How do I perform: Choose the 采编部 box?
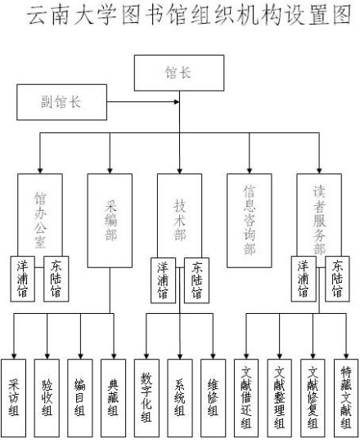point(109,220)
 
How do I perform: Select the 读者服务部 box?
point(318,213)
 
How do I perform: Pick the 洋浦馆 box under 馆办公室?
point(23,279)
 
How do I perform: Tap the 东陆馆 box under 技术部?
point(196,280)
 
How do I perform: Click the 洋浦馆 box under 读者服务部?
point(304,279)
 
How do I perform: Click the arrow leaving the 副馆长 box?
point(123,102)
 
